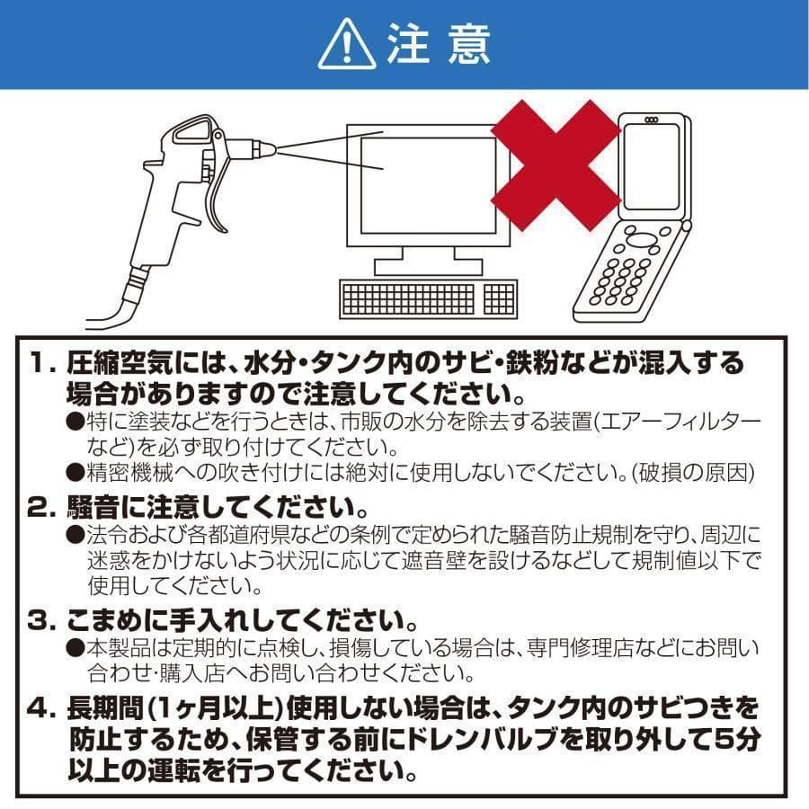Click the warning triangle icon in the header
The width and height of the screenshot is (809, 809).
point(345,45)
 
